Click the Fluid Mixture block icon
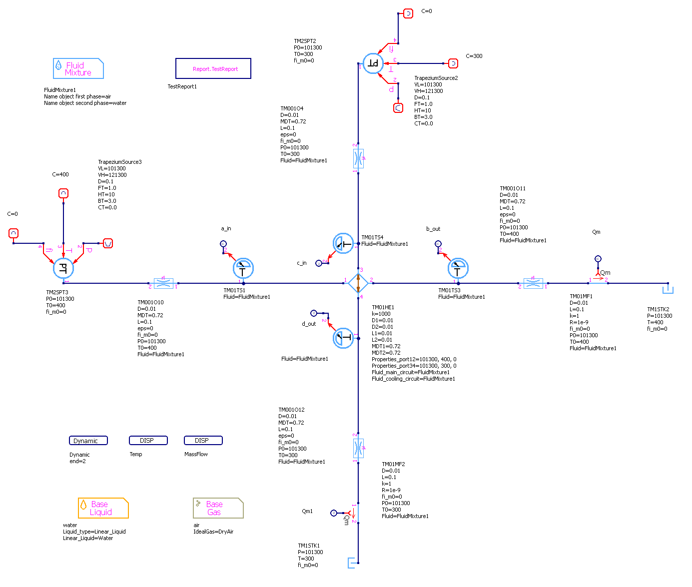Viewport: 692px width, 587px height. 78,68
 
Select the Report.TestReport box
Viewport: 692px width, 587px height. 213,68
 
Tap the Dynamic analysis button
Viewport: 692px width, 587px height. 88,441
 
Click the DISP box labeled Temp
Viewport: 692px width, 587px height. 148,440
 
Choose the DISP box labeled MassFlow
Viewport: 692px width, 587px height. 203,440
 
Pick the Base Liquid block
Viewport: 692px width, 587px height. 103,508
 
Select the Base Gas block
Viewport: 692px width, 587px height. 218,508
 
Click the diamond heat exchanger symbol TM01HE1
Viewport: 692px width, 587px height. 358,283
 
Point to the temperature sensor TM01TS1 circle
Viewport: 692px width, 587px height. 243,269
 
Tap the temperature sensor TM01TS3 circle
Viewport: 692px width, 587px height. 458,269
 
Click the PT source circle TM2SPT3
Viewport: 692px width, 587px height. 63,268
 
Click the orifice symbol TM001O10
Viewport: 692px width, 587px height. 163,283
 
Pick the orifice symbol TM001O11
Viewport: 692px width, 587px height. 533,283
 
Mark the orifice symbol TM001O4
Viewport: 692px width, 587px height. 358,158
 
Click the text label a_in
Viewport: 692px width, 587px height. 226,229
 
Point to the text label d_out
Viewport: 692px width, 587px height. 309,324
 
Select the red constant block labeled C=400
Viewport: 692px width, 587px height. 63,193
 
